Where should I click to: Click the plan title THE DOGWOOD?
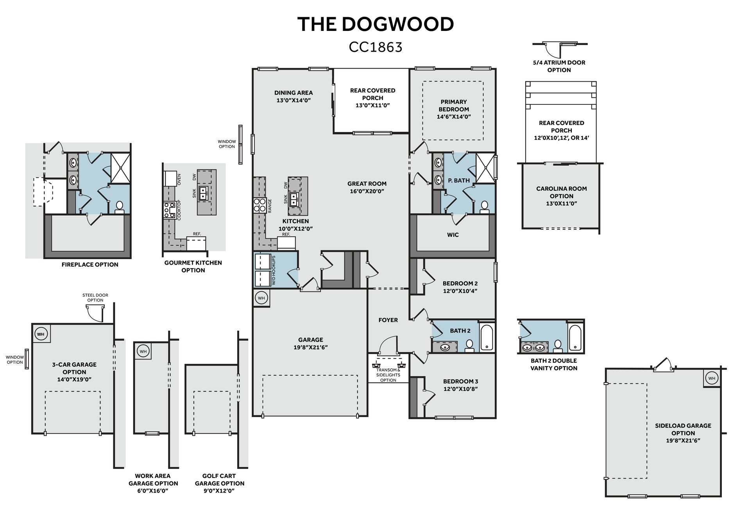(376, 24)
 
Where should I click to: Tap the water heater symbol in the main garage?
(261, 298)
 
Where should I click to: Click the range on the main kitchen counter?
(260, 205)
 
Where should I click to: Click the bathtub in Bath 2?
(487, 337)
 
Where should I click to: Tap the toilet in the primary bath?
(485, 207)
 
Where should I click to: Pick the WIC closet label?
(453, 235)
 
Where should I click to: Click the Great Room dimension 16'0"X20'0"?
(367, 191)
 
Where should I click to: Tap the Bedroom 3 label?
(460, 381)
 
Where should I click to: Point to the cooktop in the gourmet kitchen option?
(169, 210)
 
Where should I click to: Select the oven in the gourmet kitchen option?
(171, 179)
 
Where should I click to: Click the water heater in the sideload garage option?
(712, 378)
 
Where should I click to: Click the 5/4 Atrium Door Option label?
(559, 66)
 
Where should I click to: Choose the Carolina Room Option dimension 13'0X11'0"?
(562, 203)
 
